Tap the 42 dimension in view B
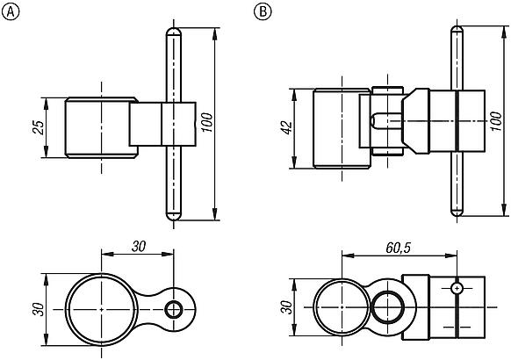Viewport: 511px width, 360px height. point(285,128)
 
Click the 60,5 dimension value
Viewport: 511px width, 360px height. point(398,248)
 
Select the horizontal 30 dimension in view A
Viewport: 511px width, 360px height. point(138,247)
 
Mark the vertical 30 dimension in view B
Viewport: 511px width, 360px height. point(285,310)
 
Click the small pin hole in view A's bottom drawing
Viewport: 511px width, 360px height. point(175,309)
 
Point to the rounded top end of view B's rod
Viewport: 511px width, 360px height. point(456,32)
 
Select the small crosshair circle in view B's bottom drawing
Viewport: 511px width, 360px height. point(457,287)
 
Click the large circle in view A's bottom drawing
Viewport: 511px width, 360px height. point(102,310)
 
